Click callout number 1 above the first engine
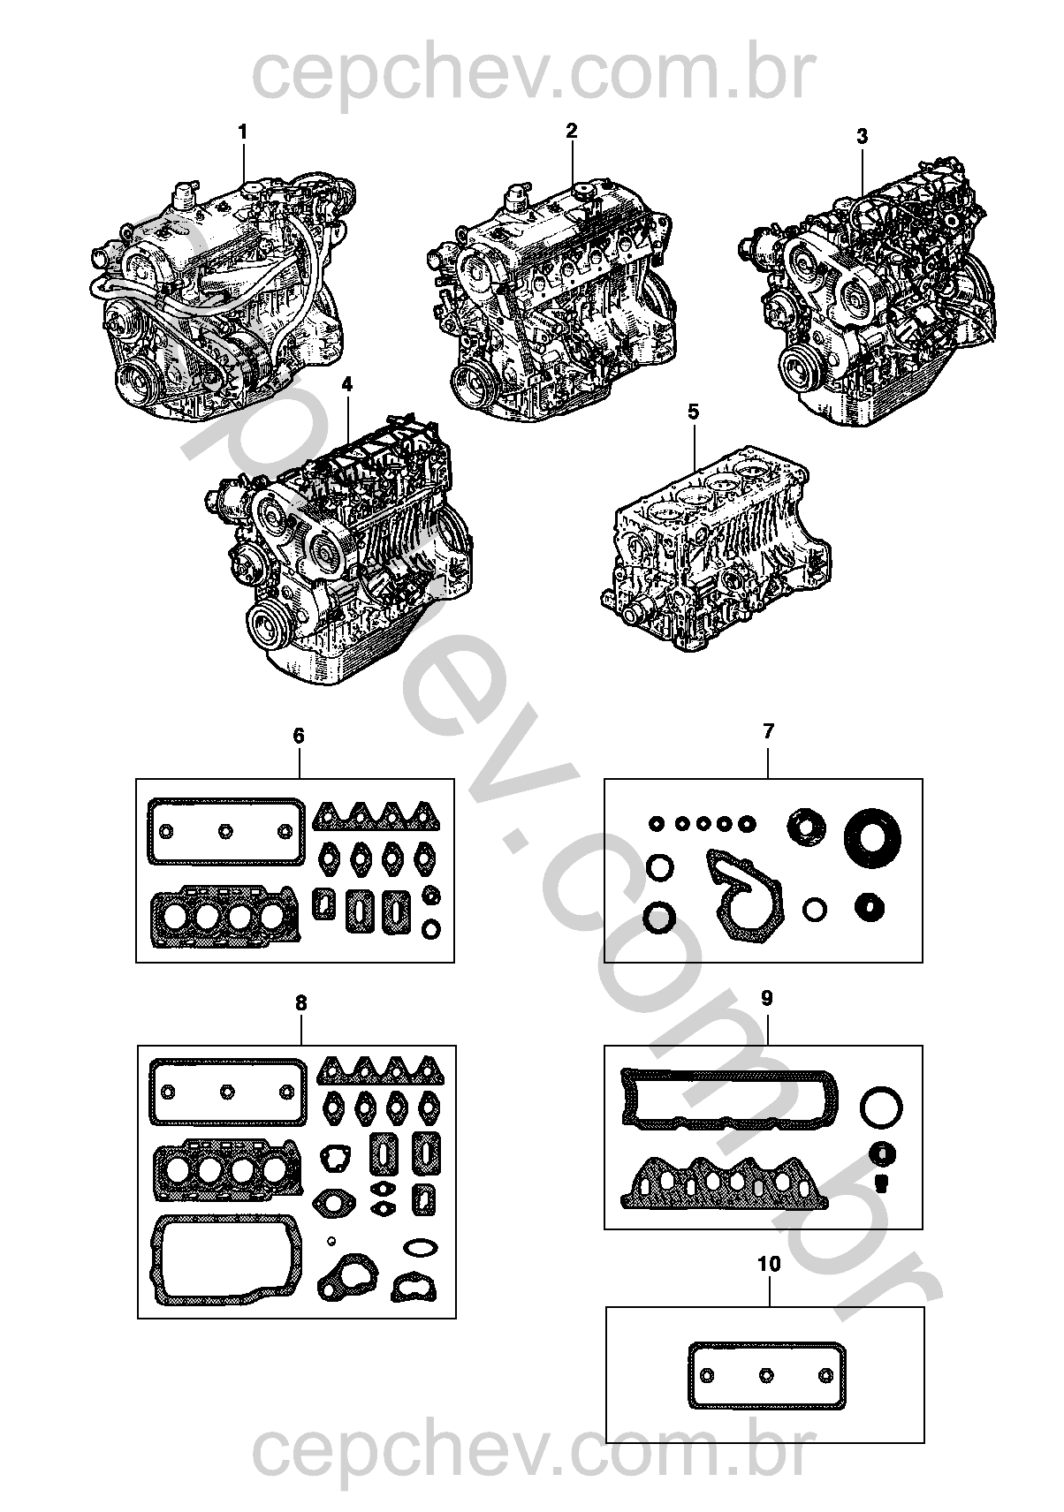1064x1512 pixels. tap(242, 132)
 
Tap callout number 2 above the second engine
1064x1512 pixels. tap(572, 131)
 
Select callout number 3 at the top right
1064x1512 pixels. tap(862, 136)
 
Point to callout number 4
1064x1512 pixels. tap(346, 385)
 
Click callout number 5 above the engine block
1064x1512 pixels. tap(694, 412)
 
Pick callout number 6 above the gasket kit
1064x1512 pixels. tap(299, 736)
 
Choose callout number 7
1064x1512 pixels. tap(767, 731)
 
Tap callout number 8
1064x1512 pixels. tap(300, 1003)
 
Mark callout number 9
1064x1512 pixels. tap(766, 998)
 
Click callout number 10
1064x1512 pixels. tap(770, 1264)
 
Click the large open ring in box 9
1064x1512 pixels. tap(881, 1088)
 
